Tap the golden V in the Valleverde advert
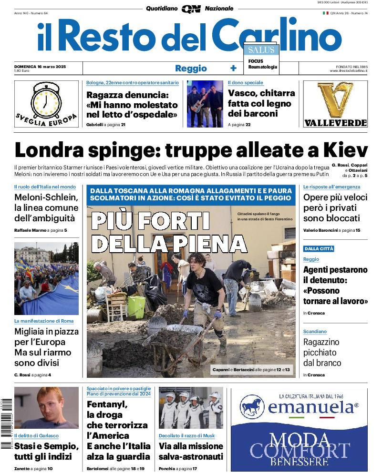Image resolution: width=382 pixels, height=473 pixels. tap(335, 100)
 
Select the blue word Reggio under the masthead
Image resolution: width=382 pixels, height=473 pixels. tap(191, 68)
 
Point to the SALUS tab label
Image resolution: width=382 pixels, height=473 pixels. tap(260, 50)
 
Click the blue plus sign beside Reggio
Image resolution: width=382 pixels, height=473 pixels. tap(233, 68)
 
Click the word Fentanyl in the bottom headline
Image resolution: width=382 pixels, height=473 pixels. tap(107, 404)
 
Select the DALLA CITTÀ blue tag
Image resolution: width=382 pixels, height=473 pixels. tap(319, 249)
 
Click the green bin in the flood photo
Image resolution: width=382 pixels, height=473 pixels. tap(136, 307)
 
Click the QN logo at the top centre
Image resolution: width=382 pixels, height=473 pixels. tap(191, 9)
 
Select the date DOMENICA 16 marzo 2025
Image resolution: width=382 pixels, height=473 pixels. tap(40, 67)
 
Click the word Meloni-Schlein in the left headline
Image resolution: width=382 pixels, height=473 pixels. tap(46, 197)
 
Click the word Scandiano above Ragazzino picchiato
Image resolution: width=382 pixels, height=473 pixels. tap(315, 331)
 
